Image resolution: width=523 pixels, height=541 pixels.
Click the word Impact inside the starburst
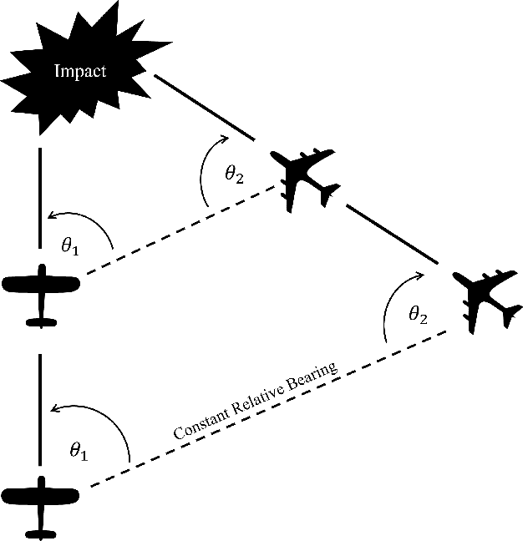click(x=80, y=70)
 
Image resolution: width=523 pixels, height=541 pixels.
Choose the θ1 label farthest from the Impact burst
click(x=78, y=451)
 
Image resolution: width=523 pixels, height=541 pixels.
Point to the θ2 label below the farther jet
click(x=418, y=315)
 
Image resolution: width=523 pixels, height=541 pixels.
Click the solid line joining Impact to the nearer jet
click(x=203, y=107)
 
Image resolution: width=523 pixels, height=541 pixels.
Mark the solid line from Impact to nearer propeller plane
click(x=40, y=199)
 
